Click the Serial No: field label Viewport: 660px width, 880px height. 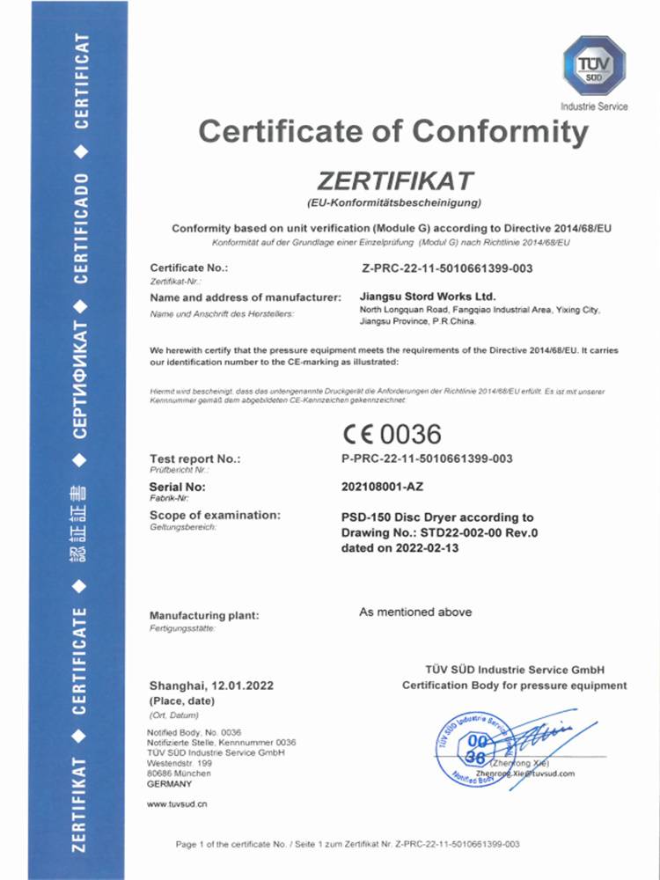[x=178, y=486]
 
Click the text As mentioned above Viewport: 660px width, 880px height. [x=415, y=612]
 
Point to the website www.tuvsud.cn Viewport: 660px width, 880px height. [x=177, y=804]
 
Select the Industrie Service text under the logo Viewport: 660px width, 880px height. [x=594, y=106]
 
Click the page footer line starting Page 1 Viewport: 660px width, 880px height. [x=348, y=844]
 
